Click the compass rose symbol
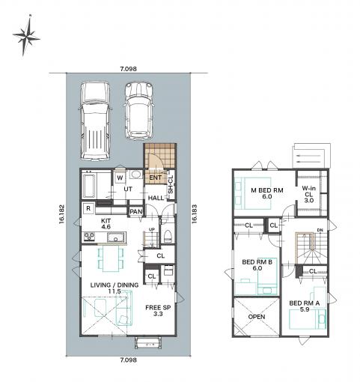click(26, 35)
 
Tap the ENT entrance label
click(155, 178)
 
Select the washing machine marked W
click(120, 178)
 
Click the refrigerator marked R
click(88, 208)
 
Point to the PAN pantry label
click(136, 212)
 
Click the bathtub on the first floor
click(88, 187)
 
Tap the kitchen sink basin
click(116, 237)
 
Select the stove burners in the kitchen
click(89, 237)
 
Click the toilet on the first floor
click(168, 236)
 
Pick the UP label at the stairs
click(152, 229)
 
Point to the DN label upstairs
click(320, 230)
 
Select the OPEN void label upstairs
click(257, 317)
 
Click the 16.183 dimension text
click(195, 213)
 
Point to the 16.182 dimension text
click(61, 214)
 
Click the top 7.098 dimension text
click(129, 69)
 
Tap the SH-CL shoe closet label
click(171, 184)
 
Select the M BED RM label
click(267, 190)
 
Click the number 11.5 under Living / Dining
click(115, 291)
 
